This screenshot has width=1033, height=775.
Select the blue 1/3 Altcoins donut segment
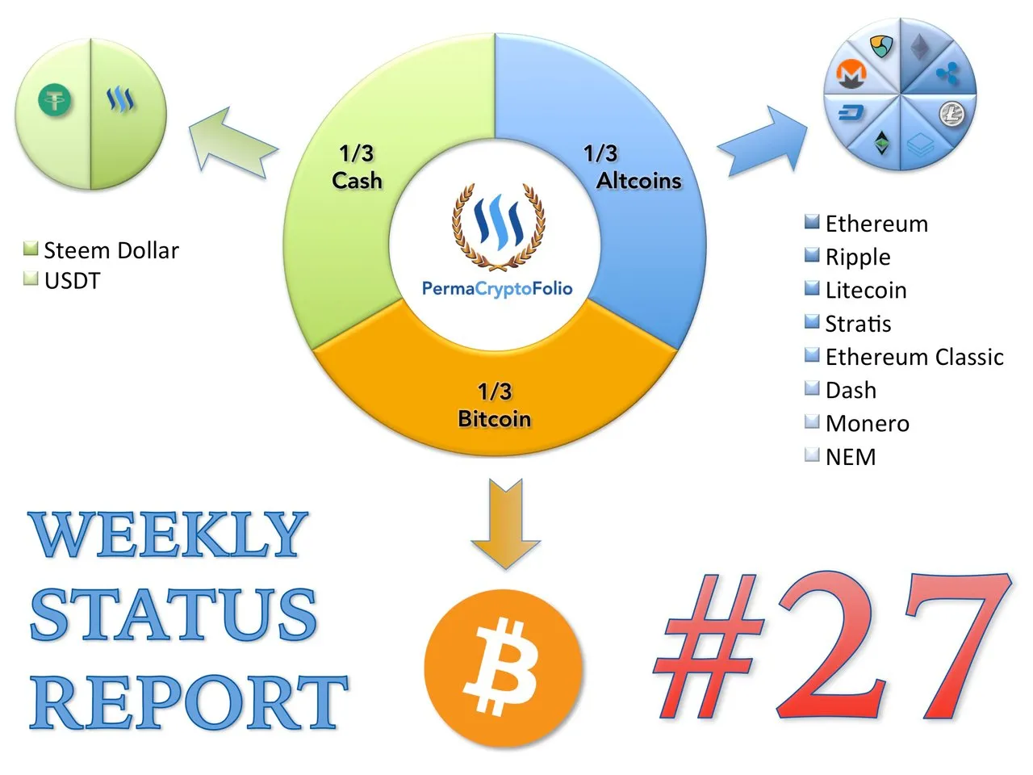(640, 188)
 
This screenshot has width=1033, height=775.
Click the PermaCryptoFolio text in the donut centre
(497, 288)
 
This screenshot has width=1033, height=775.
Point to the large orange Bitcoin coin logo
(504, 668)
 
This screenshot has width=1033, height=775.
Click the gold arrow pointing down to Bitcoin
(505, 523)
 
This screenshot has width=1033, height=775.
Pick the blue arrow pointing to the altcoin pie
(763, 141)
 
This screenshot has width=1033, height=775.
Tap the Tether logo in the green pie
(55, 100)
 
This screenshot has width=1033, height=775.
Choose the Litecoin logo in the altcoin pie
(951, 113)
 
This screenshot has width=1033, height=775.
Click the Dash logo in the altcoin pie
(851, 112)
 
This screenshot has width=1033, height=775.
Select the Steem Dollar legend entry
(101, 250)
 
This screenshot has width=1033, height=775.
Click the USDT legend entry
(61, 280)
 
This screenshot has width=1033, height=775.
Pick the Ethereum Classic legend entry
(904, 357)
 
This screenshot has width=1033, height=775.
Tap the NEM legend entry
(840, 456)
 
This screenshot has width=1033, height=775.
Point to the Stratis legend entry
(847, 323)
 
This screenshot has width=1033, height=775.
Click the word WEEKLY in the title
(168, 534)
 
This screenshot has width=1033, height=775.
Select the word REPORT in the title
(189, 702)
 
